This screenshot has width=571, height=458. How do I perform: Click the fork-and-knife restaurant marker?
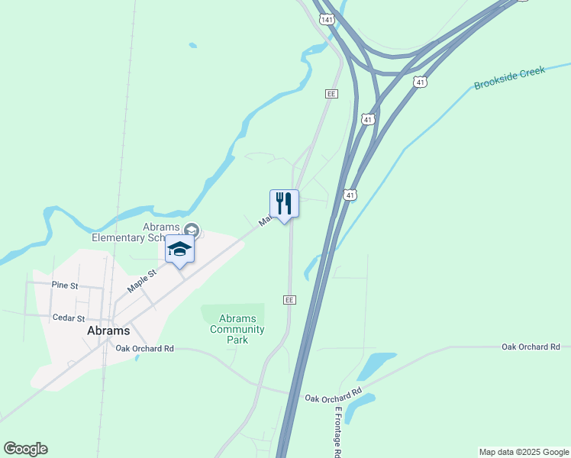pos(284,204)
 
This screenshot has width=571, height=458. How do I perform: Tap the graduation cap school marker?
pos(179,249)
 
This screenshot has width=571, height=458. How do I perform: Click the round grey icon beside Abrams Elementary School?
pos(192,230)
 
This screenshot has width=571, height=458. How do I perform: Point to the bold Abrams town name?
pos(108,331)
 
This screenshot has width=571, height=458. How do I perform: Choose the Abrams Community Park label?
pos(237,329)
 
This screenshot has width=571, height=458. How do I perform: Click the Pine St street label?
pos(64,285)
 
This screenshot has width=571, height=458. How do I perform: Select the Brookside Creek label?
pos(509,78)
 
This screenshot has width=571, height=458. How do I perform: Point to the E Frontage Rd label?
pos(337,431)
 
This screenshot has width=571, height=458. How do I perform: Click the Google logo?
pos(25,449)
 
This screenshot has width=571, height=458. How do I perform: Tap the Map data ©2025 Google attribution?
pos(524,452)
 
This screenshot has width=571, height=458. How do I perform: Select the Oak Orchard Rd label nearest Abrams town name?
pos(145,349)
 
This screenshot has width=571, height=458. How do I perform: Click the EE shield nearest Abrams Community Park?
pos(289,300)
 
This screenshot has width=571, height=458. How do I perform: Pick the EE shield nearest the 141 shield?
pos(331,93)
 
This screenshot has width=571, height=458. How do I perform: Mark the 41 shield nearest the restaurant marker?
pos(350,195)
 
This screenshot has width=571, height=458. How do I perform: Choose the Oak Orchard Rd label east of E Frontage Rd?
pos(531,347)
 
